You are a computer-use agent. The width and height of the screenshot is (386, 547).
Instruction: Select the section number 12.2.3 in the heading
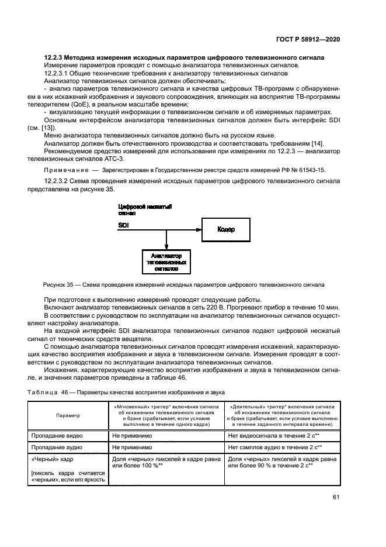(x=54, y=58)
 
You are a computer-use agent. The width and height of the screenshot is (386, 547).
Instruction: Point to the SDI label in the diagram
(x=124, y=225)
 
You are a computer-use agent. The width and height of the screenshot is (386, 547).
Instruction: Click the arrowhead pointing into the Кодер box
(x=199, y=230)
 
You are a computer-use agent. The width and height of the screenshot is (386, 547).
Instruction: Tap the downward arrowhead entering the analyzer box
(x=166, y=248)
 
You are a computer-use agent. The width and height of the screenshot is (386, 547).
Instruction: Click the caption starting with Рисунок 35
(x=184, y=285)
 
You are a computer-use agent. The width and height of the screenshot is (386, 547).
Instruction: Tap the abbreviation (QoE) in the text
(x=85, y=104)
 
